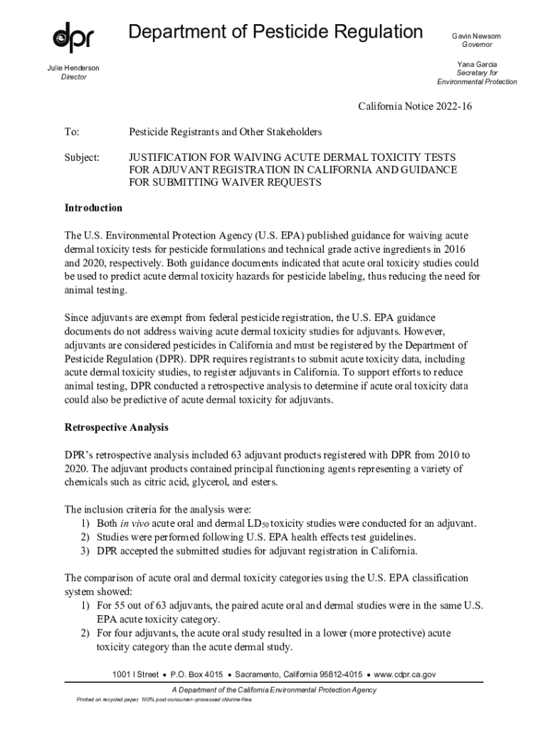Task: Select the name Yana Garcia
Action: tap(477, 64)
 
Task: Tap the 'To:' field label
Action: tap(72, 132)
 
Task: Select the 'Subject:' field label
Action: tap(82, 157)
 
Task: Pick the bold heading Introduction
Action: tap(93, 208)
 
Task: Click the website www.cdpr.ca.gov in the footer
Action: tap(405, 673)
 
